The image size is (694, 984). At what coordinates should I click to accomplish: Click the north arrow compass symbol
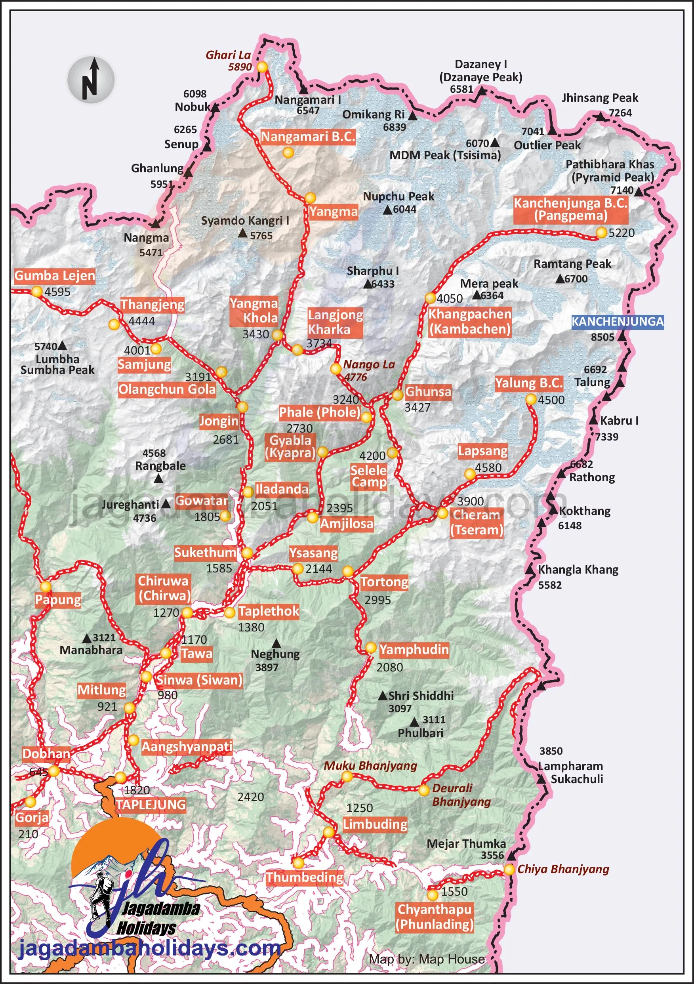point(90,80)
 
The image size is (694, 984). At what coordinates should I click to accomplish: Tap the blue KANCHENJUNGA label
point(617,321)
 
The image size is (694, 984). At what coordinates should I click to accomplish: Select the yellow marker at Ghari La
point(262,67)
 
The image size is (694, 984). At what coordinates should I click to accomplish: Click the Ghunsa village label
point(428,391)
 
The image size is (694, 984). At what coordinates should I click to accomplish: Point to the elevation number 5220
point(621,233)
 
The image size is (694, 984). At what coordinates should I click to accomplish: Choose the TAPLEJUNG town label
point(151,805)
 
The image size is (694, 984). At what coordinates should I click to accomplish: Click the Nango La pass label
point(369,365)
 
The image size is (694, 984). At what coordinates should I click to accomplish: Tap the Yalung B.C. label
point(528,383)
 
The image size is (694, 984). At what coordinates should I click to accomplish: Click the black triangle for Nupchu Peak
point(387,210)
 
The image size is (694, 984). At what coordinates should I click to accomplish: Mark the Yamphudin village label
point(414,649)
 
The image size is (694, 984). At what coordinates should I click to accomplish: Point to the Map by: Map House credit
point(427,959)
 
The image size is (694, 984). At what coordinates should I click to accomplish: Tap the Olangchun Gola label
point(167,389)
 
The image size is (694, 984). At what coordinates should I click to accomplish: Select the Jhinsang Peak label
point(599,98)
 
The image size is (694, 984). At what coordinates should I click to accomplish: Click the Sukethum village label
point(205,553)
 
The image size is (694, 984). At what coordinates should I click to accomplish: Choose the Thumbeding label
point(304,877)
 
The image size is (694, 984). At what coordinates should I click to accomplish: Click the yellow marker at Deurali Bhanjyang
point(423,790)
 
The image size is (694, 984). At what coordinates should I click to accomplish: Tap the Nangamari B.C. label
point(308,137)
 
